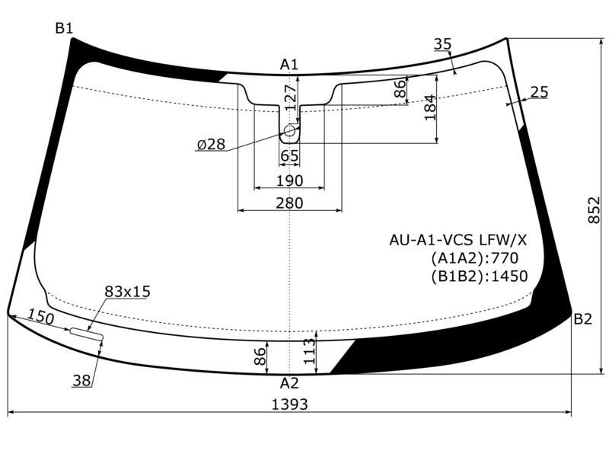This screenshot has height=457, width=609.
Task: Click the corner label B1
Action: click(x=64, y=28)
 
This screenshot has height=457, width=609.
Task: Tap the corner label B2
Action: click(x=582, y=319)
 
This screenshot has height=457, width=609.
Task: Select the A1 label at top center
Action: click(x=289, y=65)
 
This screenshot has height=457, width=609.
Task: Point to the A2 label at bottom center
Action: click(x=289, y=383)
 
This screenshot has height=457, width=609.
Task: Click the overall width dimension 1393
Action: click(x=289, y=404)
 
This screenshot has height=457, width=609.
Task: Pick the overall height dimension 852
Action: click(x=594, y=210)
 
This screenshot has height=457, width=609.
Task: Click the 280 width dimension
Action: click(x=289, y=203)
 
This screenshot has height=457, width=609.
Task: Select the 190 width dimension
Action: click(x=289, y=181)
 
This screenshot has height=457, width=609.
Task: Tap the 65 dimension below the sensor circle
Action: click(x=289, y=156)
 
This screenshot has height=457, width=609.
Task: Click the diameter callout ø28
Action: click(x=211, y=145)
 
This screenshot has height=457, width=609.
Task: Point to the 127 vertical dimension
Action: click(x=291, y=97)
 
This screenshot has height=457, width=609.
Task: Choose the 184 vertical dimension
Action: click(x=430, y=107)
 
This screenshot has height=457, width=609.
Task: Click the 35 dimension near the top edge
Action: click(x=442, y=44)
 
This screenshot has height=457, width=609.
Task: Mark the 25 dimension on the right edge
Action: click(x=539, y=92)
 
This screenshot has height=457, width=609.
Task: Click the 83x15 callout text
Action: click(x=127, y=292)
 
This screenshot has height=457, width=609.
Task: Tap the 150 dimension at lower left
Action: click(x=41, y=318)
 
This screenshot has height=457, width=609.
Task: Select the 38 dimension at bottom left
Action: click(x=81, y=381)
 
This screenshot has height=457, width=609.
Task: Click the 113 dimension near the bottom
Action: click(x=310, y=351)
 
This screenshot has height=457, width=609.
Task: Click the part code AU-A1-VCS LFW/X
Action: click(x=458, y=240)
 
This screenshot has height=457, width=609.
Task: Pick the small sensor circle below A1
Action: click(x=290, y=130)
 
